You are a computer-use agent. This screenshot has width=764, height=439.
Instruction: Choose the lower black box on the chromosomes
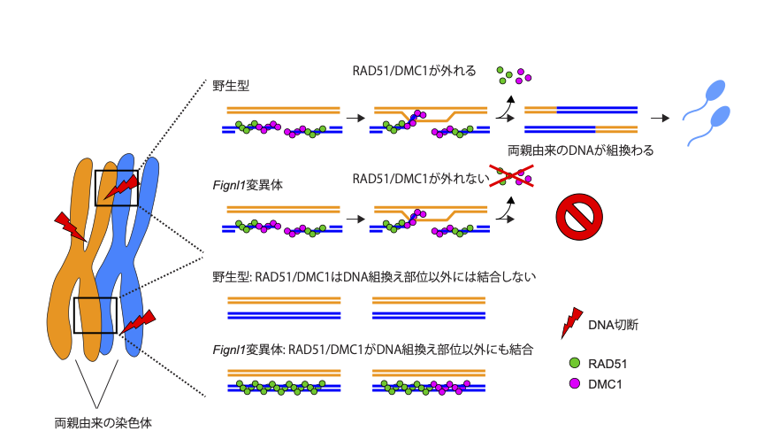pyautogui.click(x=95, y=315)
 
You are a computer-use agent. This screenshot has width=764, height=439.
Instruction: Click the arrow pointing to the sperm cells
pyautogui.click(x=659, y=117)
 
